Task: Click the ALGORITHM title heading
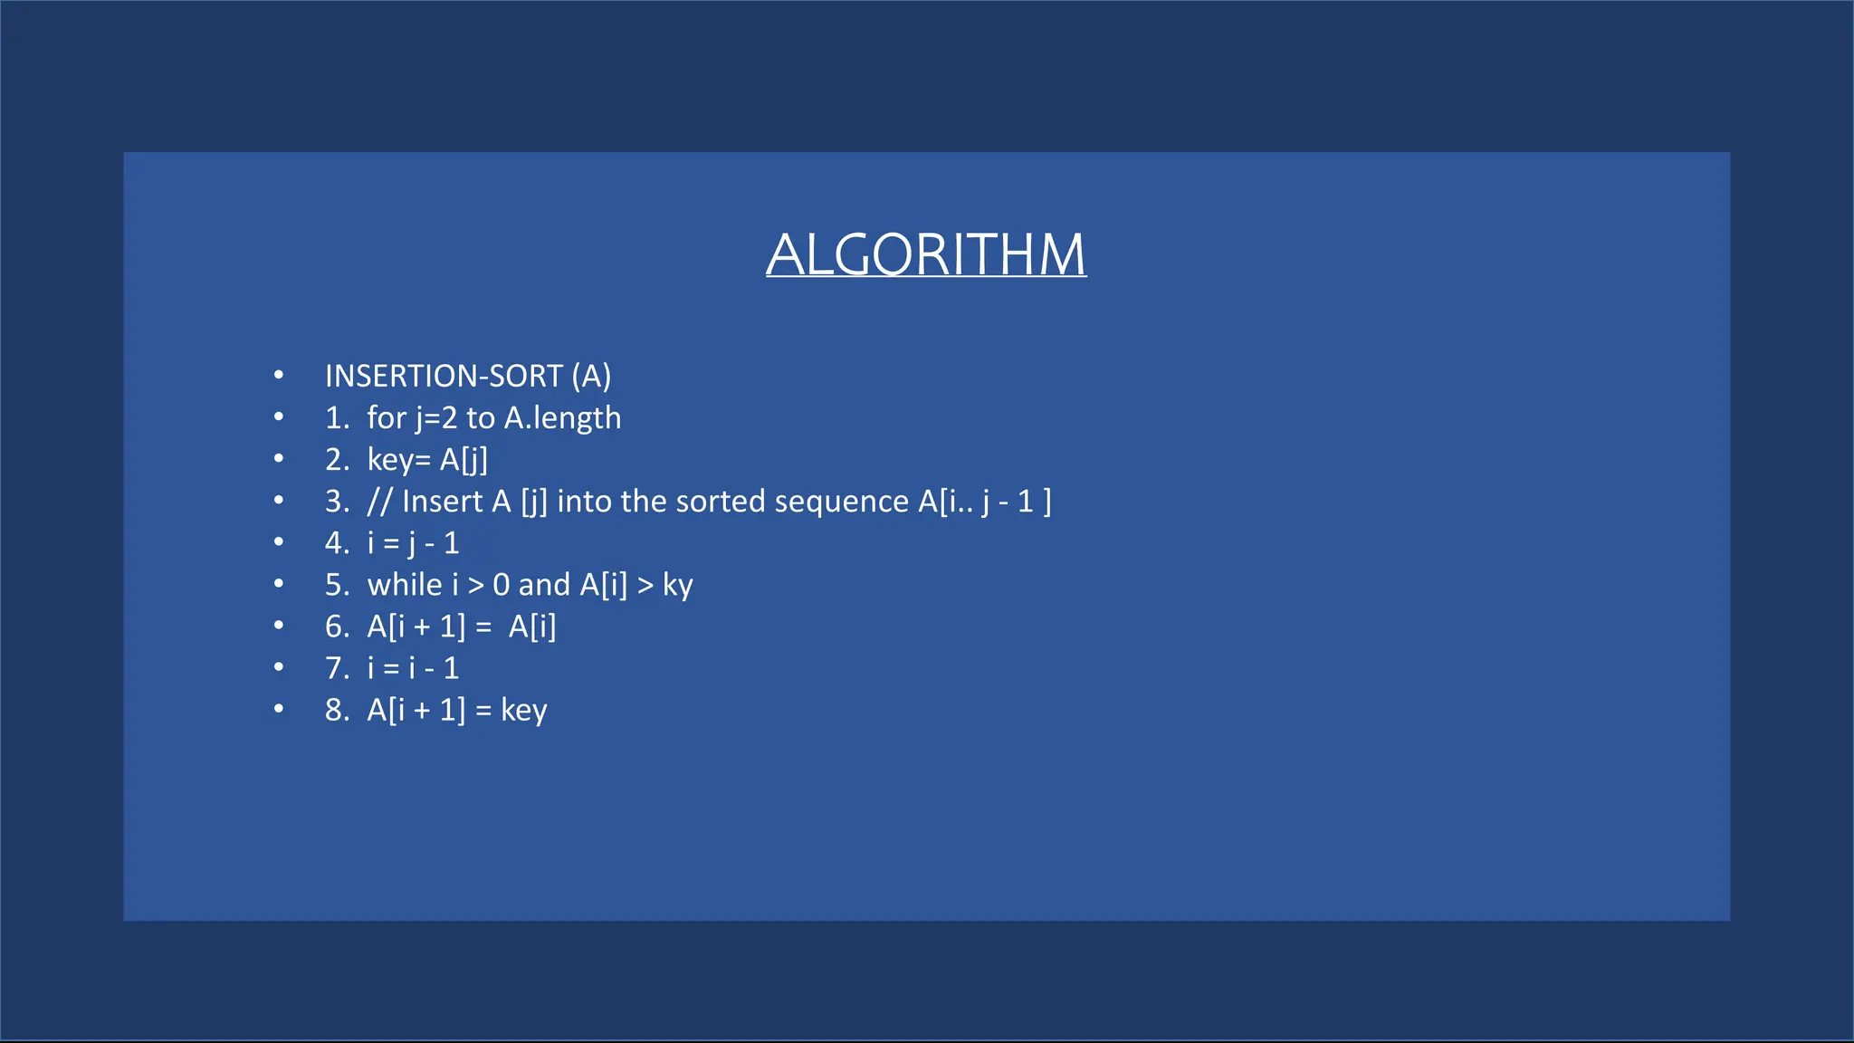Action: (925, 254)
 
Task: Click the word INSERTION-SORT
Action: (444, 376)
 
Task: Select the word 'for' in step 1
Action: (387, 418)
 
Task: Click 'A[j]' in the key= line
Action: (463, 460)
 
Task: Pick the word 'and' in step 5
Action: (543, 585)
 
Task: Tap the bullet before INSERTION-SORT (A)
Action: (279, 375)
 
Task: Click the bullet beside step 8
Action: (279, 709)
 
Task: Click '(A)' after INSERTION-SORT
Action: (591, 376)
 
